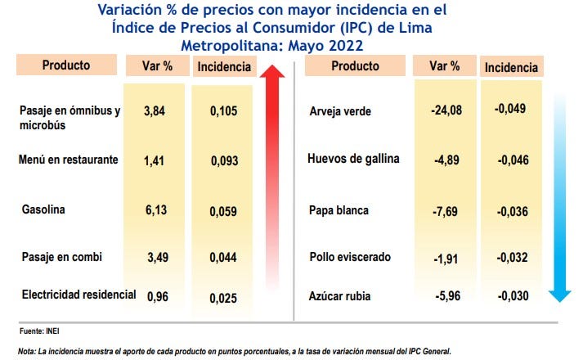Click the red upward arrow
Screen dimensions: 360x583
point(276,180)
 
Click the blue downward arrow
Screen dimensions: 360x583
point(559,196)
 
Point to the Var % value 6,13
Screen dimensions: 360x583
point(155,210)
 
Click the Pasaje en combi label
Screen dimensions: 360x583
point(61,257)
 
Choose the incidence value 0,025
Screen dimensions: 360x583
point(223,297)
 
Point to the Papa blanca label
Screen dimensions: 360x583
point(339,210)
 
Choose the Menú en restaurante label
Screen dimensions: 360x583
point(69,160)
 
